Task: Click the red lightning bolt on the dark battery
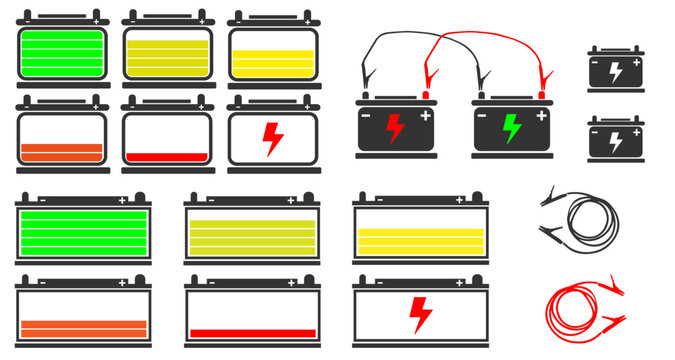point(395,128)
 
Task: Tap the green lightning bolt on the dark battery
point(511,128)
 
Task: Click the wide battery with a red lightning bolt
point(421,314)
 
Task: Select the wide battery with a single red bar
point(253,314)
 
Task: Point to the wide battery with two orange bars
point(83,314)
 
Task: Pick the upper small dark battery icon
point(615,70)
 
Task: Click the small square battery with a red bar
point(167,138)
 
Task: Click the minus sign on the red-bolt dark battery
point(366,115)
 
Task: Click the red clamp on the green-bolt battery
point(545,80)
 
